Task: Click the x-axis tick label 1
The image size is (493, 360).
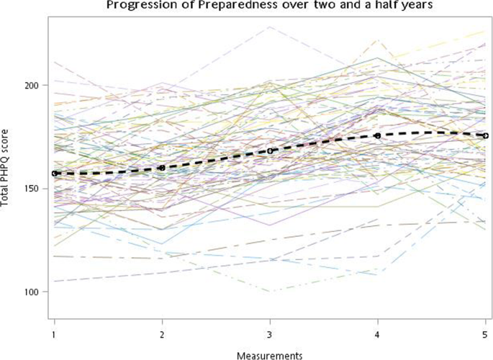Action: point(54,334)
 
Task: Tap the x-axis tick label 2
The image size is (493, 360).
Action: point(162,334)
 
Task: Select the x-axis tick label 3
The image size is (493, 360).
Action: point(270,334)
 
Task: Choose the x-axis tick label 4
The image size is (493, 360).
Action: point(378,334)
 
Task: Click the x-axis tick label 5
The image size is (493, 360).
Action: point(486,334)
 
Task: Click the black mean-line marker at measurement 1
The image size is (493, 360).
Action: point(54,174)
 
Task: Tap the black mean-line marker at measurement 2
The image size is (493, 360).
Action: point(162,168)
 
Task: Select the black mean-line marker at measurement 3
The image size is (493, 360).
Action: point(270,151)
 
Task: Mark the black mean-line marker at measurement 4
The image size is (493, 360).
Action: point(378,135)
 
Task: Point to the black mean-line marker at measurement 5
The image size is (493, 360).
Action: point(486,135)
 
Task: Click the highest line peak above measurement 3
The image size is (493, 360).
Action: point(270,27)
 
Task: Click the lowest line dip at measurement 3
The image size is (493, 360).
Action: point(270,292)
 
